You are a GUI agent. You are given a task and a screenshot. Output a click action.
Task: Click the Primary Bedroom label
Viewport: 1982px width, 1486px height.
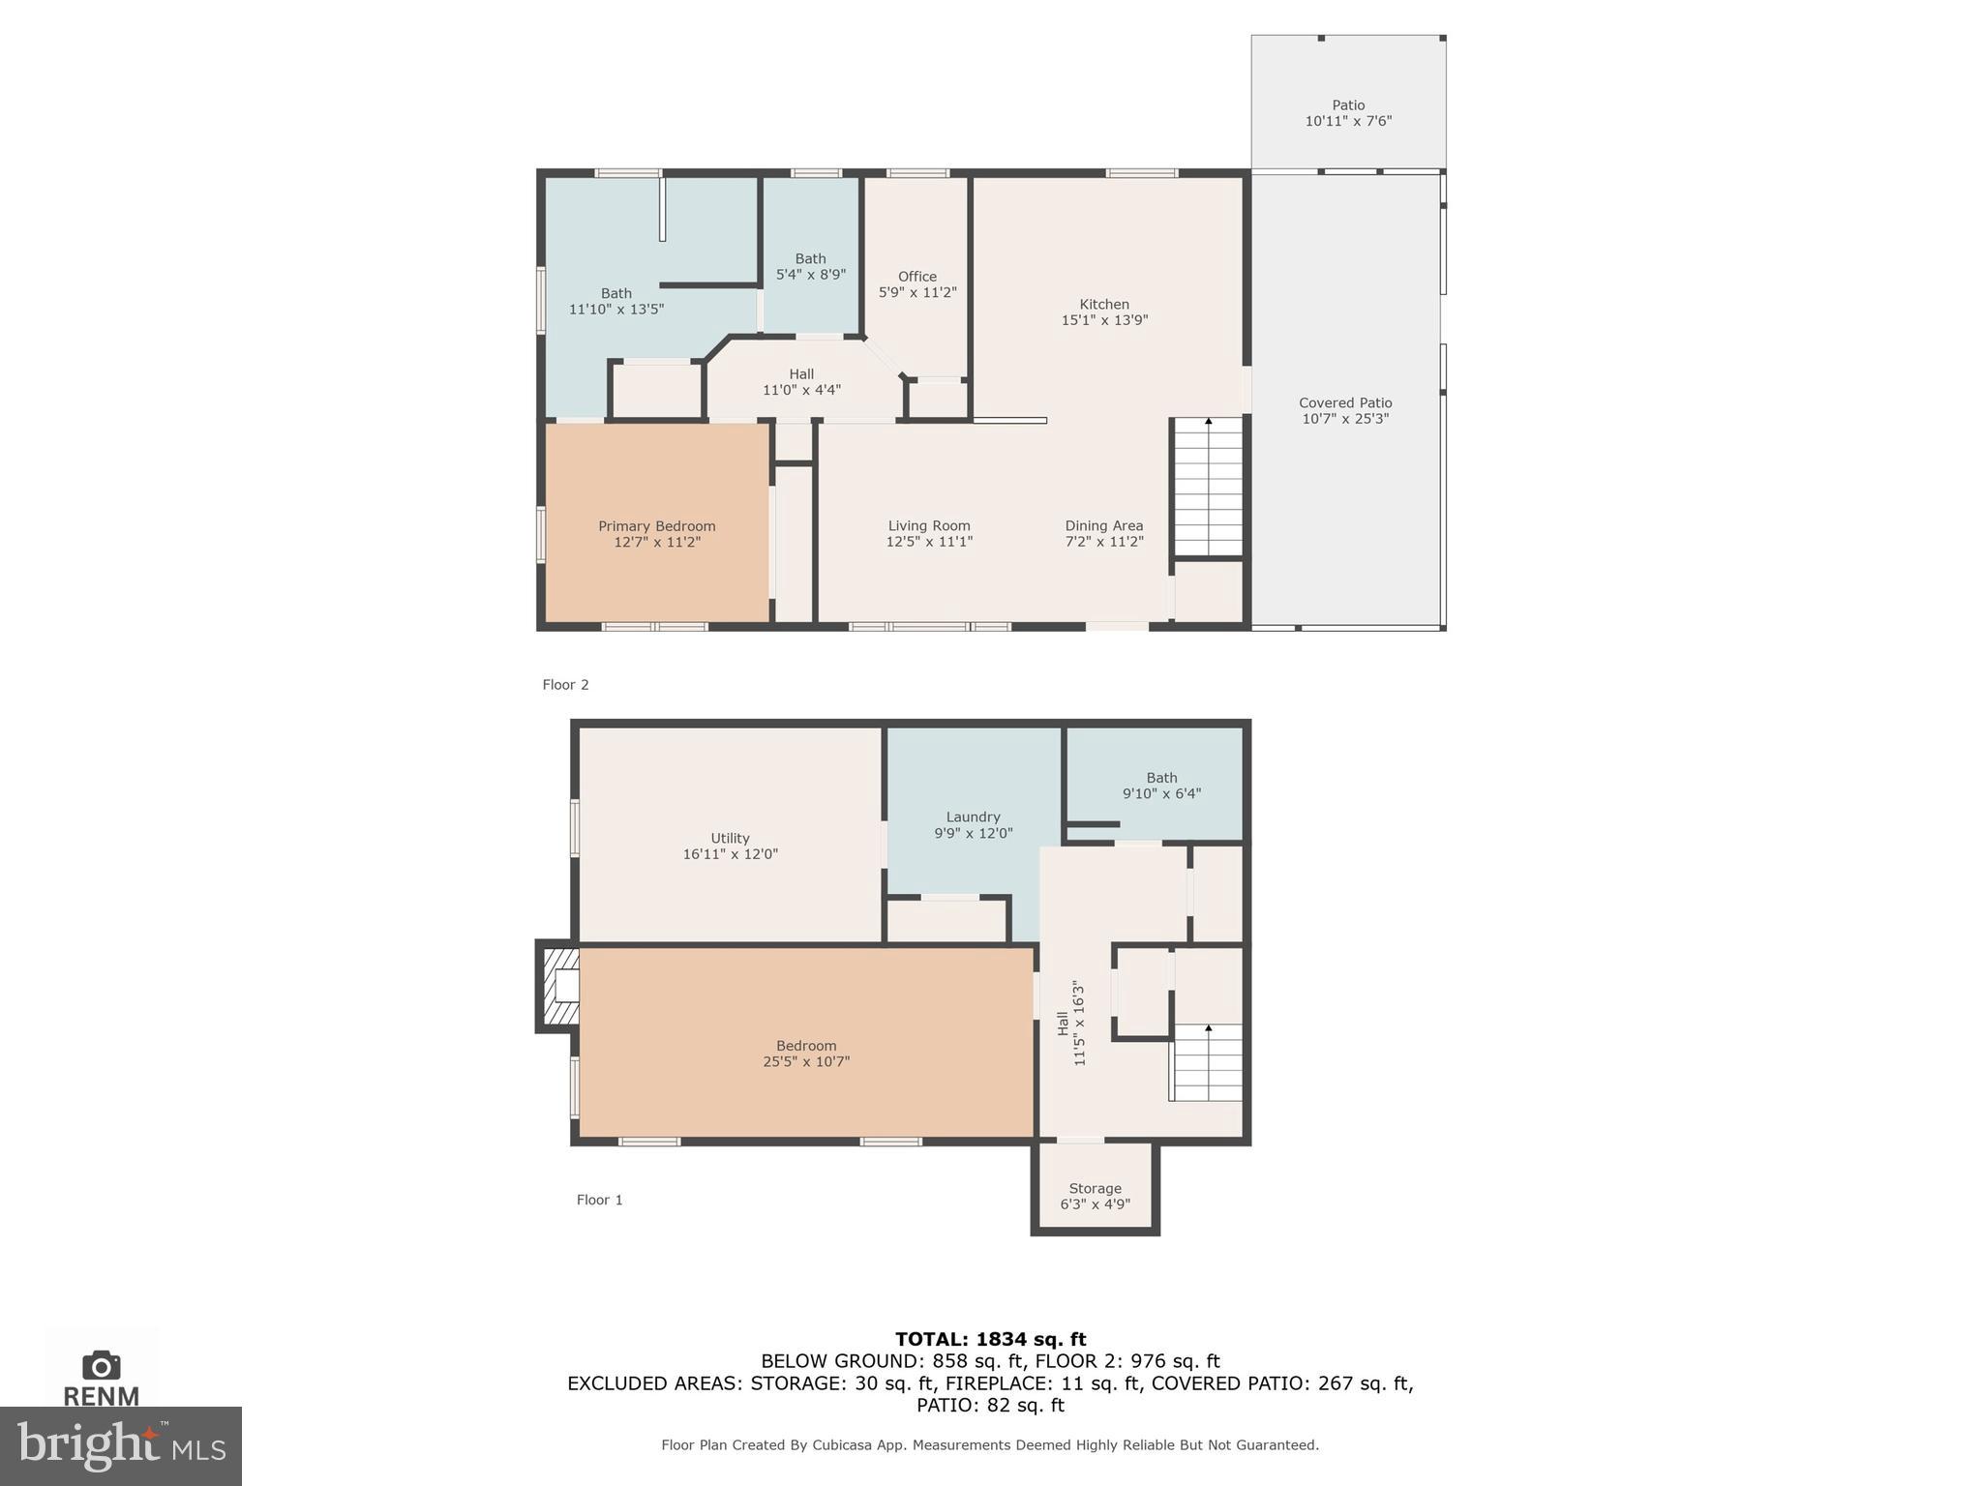[656, 526]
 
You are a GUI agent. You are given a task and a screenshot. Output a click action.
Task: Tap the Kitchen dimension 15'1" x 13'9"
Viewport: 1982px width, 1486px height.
[1104, 320]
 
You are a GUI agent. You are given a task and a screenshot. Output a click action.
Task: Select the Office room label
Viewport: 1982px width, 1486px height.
[916, 277]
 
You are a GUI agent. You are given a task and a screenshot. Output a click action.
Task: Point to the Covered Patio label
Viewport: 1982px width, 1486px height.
[1345, 402]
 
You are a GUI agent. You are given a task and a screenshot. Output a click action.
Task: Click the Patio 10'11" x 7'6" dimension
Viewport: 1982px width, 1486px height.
[1348, 122]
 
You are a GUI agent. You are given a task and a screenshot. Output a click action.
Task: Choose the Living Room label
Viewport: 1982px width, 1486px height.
[929, 526]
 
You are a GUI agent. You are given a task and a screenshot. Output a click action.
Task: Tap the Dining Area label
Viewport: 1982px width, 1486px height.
[1104, 526]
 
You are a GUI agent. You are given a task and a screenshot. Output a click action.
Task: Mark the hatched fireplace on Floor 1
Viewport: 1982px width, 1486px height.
[559, 986]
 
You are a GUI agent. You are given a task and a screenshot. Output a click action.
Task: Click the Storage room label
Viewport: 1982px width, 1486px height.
[1095, 1189]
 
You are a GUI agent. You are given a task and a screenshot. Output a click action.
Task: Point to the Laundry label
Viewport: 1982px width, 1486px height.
[973, 817]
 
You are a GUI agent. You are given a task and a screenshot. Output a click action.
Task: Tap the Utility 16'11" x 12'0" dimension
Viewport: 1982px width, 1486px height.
[730, 854]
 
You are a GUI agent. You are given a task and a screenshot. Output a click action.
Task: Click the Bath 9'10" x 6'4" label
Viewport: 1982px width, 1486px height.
[1161, 786]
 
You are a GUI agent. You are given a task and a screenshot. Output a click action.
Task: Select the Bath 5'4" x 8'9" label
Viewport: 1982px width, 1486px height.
[810, 267]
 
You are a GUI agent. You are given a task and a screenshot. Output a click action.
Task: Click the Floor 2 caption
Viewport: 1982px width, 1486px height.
[565, 685]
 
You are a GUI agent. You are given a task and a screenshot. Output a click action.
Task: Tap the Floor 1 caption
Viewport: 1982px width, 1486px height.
[599, 1200]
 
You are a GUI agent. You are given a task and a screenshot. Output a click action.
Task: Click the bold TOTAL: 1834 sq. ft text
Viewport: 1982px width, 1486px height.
[990, 1339]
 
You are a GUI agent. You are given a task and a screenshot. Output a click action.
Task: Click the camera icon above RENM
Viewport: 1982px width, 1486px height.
[102, 1365]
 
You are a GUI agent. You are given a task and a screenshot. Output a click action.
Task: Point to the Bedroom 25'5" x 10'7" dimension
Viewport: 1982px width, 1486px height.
[806, 1062]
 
